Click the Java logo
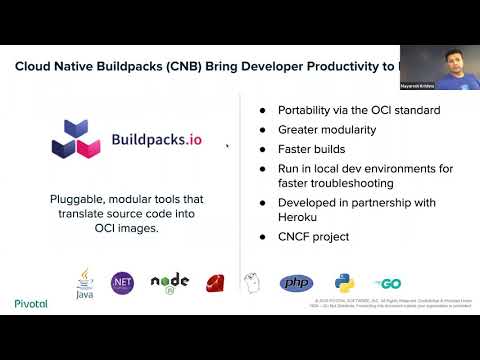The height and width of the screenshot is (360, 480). [84, 284]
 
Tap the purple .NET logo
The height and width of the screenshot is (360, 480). [123, 283]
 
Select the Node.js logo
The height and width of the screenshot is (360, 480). [169, 284]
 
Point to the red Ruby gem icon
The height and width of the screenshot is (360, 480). [215, 283]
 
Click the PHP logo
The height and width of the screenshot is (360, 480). [296, 283]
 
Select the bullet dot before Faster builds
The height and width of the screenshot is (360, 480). [263, 147]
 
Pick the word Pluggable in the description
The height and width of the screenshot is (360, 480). [82, 199]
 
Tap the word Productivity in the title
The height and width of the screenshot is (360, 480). [340, 68]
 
